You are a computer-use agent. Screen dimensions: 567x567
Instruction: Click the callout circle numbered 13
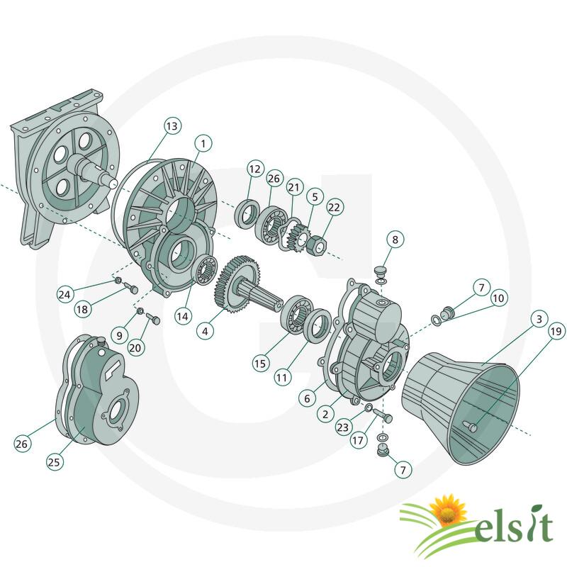click(x=172, y=126)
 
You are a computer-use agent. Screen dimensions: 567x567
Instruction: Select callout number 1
click(x=203, y=144)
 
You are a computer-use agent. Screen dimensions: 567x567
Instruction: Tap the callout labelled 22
click(x=334, y=207)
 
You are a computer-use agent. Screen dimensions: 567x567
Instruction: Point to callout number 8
click(x=395, y=240)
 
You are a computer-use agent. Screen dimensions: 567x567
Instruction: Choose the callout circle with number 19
click(x=556, y=331)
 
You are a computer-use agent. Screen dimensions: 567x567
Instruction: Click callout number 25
click(x=55, y=462)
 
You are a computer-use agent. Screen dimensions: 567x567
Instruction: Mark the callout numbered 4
click(x=205, y=331)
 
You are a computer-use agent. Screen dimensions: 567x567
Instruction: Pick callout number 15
click(x=260, y=364)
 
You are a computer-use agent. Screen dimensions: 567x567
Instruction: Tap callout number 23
click(x=343, y=427)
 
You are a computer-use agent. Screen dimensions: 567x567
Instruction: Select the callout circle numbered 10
click(x=498, y=298)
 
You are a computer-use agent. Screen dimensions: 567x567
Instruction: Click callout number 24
click(x=64, y=295)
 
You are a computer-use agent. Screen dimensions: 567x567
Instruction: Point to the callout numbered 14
click(x=183, y=316)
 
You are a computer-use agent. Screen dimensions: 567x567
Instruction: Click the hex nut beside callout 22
click(x=318, y=245)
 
